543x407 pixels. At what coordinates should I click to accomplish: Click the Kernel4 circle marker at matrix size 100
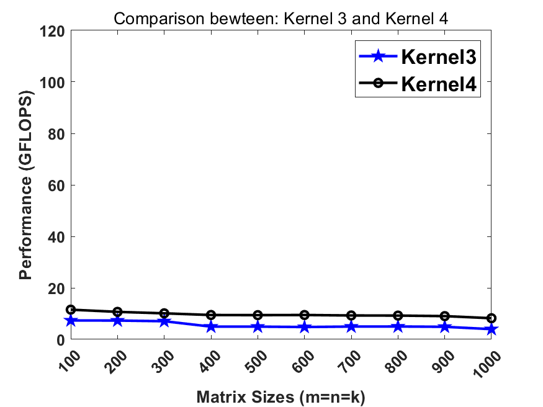point(71,310)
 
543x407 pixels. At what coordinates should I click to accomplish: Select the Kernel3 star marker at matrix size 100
point(71,320)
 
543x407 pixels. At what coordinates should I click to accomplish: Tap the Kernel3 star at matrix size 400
point(211,326)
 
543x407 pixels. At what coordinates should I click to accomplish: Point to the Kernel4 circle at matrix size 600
point(304,315)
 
